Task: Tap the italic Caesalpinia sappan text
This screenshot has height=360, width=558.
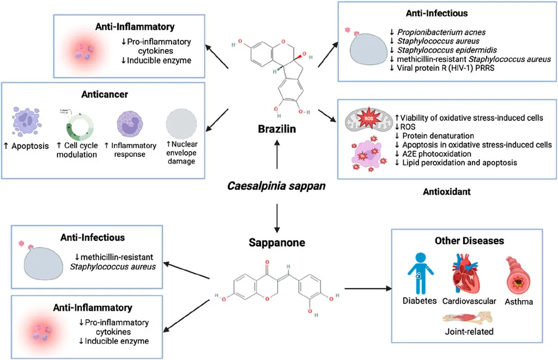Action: click(x=277, y=186)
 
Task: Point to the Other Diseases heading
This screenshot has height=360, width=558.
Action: click(x=468, y=241)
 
